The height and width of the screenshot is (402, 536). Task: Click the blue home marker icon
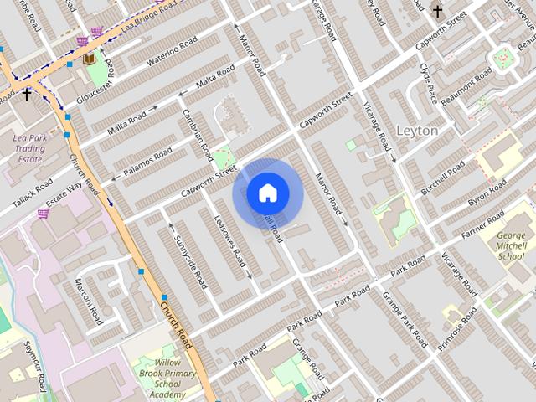click(267, 193)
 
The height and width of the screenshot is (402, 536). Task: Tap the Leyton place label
click(416, 131)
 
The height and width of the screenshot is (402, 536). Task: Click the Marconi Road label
click(88, 302)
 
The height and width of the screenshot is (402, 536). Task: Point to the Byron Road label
click(488, 196)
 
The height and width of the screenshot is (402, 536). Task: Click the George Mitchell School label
click(511, 246)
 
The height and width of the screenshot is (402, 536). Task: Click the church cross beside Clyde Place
click(437, 11)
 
